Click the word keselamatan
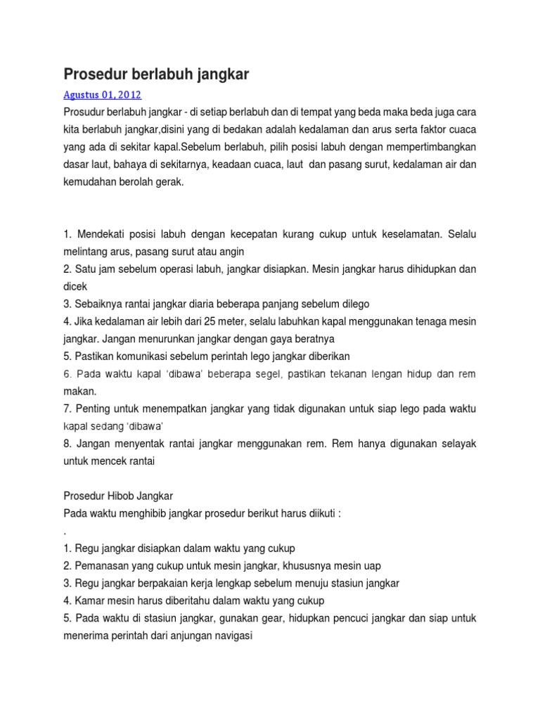click(x=416, y=233)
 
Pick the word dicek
click(x=75, y=287)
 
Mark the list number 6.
click(x=67, y=374)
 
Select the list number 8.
click(x=67, y=444)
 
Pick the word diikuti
click(x=320, y=514)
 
